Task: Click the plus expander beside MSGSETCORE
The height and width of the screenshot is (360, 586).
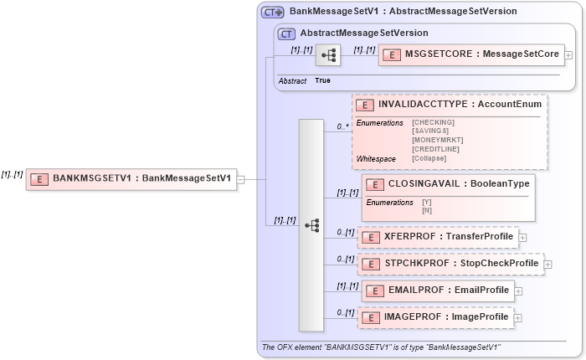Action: tap(569, 56)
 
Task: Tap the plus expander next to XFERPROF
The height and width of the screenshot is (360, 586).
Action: tap(522, 238)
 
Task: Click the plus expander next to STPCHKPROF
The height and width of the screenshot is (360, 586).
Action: tap(548, 265)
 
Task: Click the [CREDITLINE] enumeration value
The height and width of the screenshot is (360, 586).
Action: tap(435, 149)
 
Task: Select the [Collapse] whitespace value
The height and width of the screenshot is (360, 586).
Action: tap(431, 158)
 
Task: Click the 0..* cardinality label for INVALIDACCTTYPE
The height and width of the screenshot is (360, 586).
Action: tap(342, 126)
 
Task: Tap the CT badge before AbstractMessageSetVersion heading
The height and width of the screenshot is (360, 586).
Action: tap(286, 33)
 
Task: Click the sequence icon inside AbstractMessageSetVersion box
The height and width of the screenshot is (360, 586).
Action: tap(327, 55)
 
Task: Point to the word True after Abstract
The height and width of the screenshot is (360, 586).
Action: tap(322, 80)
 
